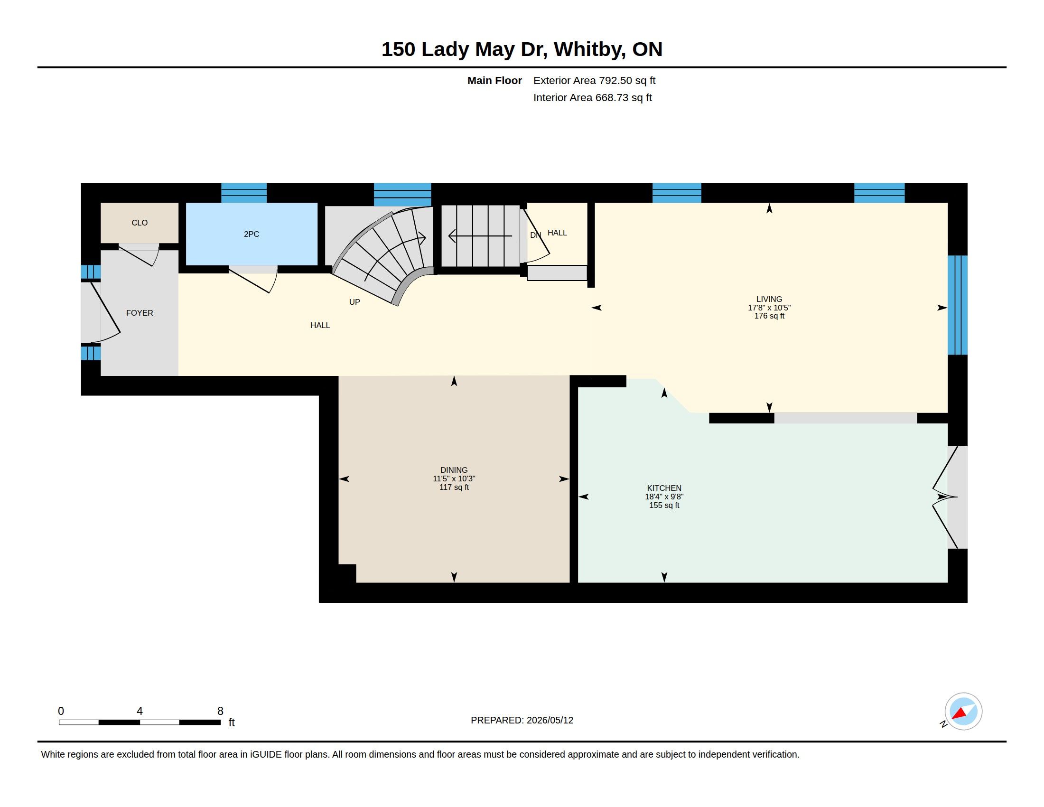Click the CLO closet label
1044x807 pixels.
click(140, 223)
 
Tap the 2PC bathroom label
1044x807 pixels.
click(252, 234)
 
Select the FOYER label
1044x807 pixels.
click(140, 313)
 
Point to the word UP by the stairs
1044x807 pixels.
click(354, 302)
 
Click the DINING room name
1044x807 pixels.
click(454, 470)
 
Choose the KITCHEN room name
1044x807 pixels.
click(664, 488)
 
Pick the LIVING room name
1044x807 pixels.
click(769, 299)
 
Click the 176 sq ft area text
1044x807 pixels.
click(769, 316)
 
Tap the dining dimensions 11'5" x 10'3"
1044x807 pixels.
click(454, 479)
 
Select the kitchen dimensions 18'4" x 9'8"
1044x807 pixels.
click(664, 497)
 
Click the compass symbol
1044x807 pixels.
click(963, 712)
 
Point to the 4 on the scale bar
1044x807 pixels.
click(140, 711)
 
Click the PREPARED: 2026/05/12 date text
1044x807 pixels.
click(522, 721)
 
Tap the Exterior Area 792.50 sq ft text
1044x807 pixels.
click(594, 81)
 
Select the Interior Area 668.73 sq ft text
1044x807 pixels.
click(592, 97)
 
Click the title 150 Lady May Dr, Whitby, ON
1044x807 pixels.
click(522, 49)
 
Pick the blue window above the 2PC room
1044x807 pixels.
click(244, 193)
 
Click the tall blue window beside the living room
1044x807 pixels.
click(958, 305)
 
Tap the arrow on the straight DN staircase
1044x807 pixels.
click(480, 236)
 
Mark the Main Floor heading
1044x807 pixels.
click(494, 81)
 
